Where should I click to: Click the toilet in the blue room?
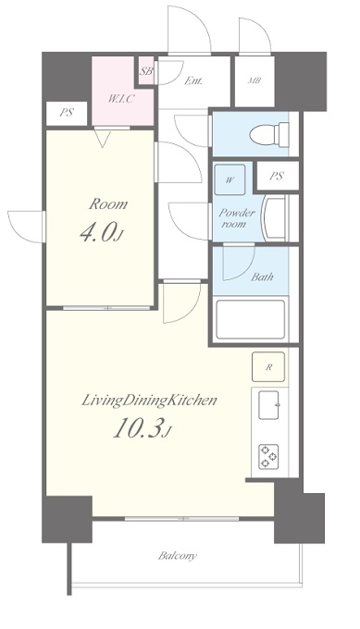(x=269, y=134)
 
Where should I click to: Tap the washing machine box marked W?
(x=230, y=179)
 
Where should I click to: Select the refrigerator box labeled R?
(x=268, y=366)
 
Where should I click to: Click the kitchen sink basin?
(x=269, y=405)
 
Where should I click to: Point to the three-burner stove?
(x=268, y=457)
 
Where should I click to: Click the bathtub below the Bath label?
(x=251, y=319)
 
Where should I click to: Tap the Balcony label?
(x=178, y=556)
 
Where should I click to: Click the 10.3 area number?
(x=143, y=429)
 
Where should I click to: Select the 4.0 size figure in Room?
(x=101, y=233)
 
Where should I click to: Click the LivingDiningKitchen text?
(x=149, y=401)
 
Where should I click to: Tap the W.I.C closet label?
(x=120, y=99)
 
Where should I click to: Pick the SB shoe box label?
(x=146, y=72)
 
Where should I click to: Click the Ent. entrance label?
(x=193, y=80)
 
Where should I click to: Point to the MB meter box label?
(x=254, y=80)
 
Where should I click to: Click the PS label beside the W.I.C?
(x=67, y=113)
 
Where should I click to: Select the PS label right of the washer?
(x=277, y=176)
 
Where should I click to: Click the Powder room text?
(x=236, y=218)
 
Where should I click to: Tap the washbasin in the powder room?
(x=274, y=217)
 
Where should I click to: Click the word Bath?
(x=262, y=277)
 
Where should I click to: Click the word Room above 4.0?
(x=108, y=204)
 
